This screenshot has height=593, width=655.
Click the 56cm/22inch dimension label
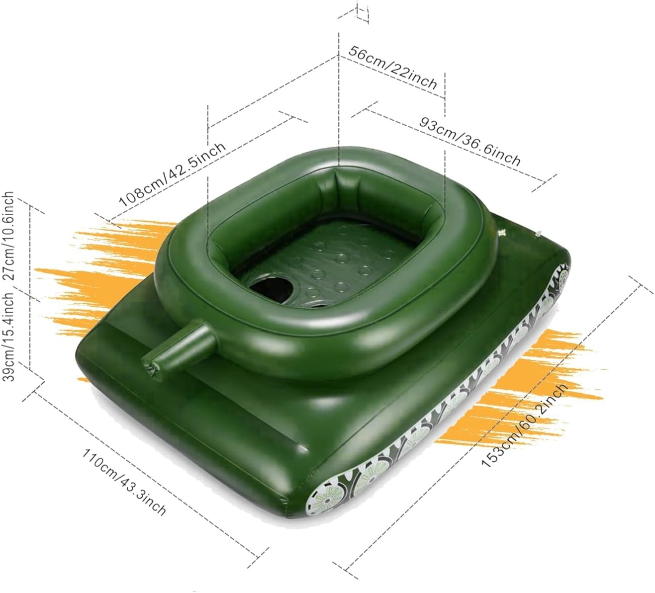pos(393,67)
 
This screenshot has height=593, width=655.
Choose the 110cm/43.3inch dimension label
pos(124,482)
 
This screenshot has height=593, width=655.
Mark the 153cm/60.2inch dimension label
pos(525,425)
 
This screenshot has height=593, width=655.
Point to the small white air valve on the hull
pos(502,231)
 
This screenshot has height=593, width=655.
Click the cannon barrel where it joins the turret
pos(209,338)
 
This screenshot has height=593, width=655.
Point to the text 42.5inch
pos(199,159)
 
